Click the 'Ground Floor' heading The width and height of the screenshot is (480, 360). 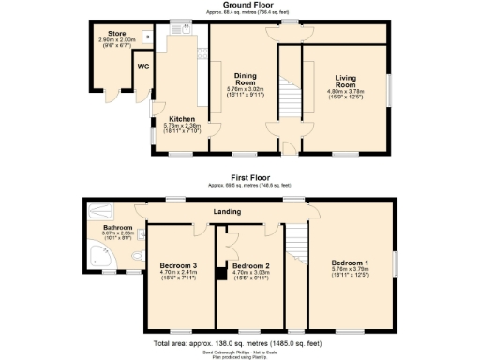240,5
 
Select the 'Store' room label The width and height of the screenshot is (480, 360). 116,34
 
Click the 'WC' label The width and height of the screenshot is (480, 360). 143,67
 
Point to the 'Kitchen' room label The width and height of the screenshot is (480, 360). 181,118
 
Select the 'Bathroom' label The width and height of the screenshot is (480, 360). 118,227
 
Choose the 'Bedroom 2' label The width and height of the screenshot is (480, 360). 249,265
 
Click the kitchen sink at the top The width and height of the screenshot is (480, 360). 184,28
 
